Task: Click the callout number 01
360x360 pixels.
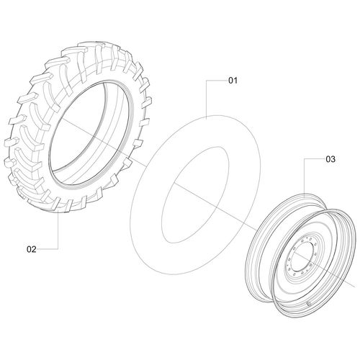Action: (233, 81)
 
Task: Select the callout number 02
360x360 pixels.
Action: (32, 249)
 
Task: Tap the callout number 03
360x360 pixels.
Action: (330, 159)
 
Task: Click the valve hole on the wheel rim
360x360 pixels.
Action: (308, 304)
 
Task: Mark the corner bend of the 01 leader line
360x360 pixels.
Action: (207, 81)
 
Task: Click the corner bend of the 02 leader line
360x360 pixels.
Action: (58, 249)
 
